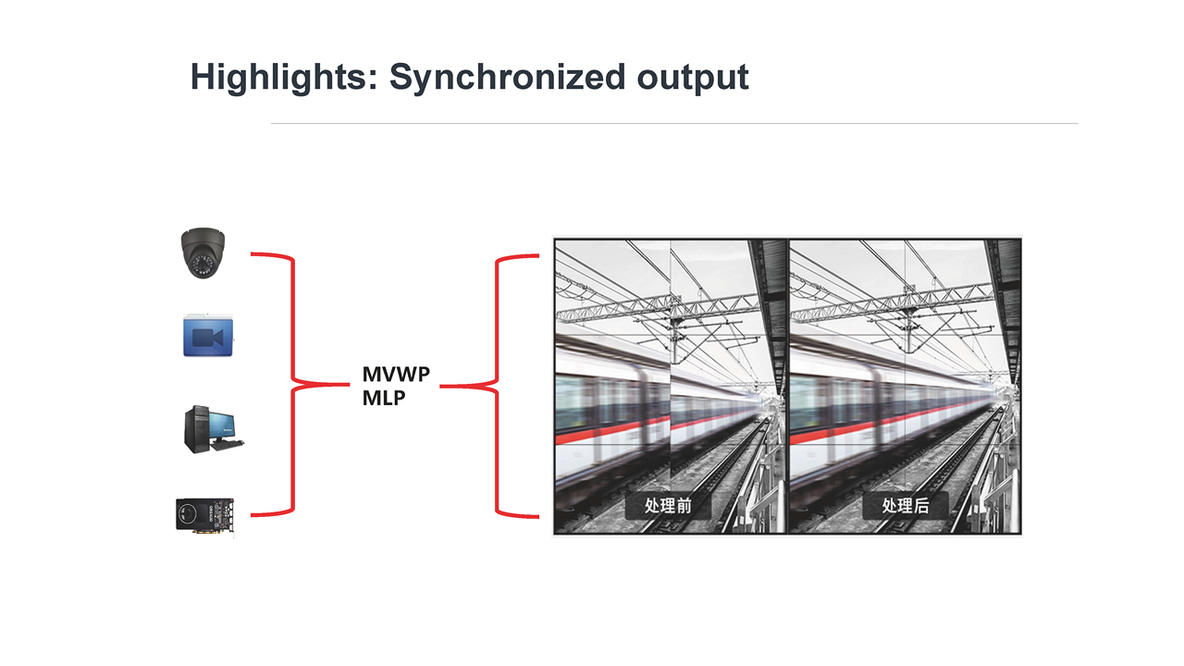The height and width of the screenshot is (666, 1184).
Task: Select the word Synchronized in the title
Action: pos(508,78)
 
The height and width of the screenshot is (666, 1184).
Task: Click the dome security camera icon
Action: pos(203,253)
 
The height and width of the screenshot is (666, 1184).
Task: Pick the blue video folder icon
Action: pos(208,335)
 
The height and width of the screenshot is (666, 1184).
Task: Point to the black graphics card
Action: pos(205,515)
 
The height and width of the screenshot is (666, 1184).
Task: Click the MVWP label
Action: pos(396,375)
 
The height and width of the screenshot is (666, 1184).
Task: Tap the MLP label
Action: pos(384,398)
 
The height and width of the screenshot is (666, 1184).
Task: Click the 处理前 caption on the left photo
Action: pos(668,506)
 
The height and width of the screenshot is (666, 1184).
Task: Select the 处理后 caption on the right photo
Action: pos(906,506)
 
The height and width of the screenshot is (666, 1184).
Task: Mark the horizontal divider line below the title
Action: pos(674,124)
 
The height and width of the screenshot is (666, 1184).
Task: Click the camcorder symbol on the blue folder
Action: pos(208,338)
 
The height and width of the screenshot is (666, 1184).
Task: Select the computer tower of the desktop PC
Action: pos(197,429)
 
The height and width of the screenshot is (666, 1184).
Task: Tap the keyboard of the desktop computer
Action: pos(228,445)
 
